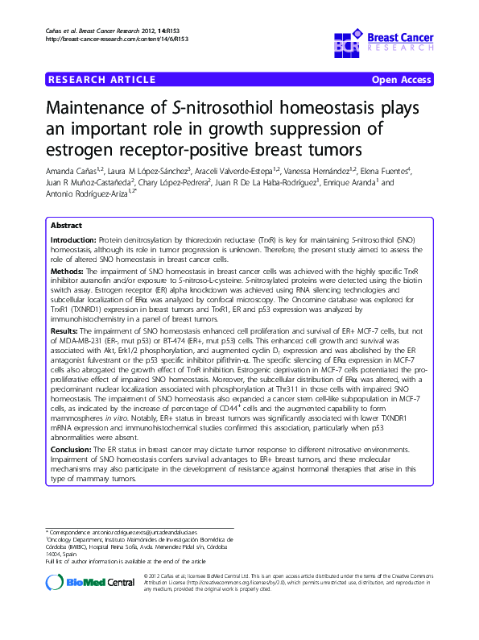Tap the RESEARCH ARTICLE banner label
(x=102, y=79)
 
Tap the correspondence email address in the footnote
(x=161, y=534)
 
